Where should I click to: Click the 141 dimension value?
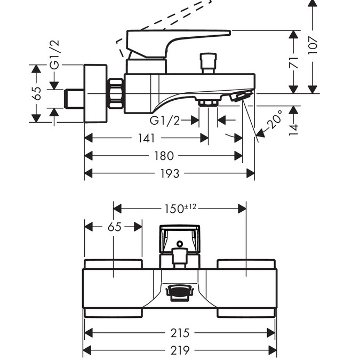pos(146,138)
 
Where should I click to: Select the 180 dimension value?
pos(164,156)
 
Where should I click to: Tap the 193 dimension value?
pos(170,173)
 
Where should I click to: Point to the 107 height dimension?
pos(313,45)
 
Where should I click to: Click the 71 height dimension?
pos(294,63)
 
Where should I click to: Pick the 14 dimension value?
pos(293,130)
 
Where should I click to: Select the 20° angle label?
pos(275,119)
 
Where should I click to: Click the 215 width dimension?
pos(180,333)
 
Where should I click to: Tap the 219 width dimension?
pos(180,350)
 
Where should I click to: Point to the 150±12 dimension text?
pos(180,209)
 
